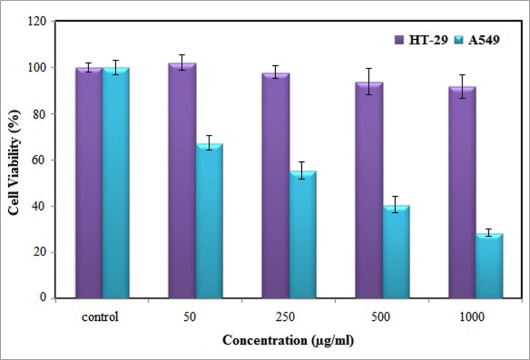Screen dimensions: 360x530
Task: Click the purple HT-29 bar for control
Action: point(88,183)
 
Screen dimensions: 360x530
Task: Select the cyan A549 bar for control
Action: point(116,183)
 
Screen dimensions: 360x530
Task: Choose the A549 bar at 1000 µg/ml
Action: point(489,266)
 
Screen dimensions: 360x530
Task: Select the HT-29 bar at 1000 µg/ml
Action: point(462,192)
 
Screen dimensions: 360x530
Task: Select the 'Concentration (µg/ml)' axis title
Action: point(288,340)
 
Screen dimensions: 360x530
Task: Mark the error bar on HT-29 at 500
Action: point(369,82)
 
